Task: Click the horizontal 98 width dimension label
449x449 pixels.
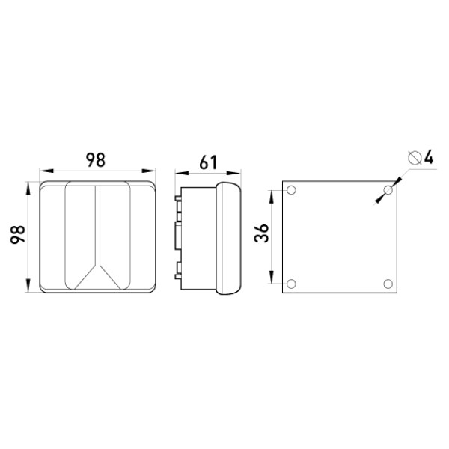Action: (x=96, y=160)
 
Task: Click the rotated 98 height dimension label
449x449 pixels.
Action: (x=18, y=235)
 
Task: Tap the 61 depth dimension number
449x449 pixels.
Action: (x=208, y=162)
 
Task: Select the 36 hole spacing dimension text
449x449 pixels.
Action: (x=261, y=233)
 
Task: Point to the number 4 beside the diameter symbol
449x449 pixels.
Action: (x=429, y=157)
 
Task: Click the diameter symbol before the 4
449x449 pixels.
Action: (x=415, y=158)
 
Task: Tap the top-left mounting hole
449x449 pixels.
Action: (x=291, y=190)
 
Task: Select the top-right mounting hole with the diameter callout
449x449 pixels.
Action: (x=388, y=190)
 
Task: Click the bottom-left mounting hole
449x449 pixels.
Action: (x=291, y=284)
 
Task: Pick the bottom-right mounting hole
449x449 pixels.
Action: (x=388, y=284)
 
